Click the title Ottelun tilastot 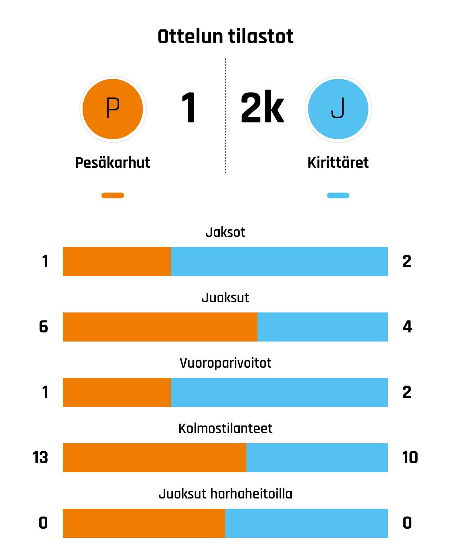225,36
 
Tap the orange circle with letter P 113,109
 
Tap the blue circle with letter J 338,109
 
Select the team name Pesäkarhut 113,163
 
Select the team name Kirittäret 338,163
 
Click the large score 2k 262,108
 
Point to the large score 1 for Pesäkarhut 189,108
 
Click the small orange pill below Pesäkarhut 113,195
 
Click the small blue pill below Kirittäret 338,195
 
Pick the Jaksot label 225,232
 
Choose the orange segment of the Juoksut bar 160,327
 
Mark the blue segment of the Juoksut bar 323,327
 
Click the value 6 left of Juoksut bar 43,327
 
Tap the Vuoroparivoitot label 225,363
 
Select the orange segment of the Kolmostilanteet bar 155,458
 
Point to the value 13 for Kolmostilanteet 40,457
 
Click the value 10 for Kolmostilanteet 410,457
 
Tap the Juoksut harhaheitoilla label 225,494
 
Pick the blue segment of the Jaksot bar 279,262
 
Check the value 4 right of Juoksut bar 407,327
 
